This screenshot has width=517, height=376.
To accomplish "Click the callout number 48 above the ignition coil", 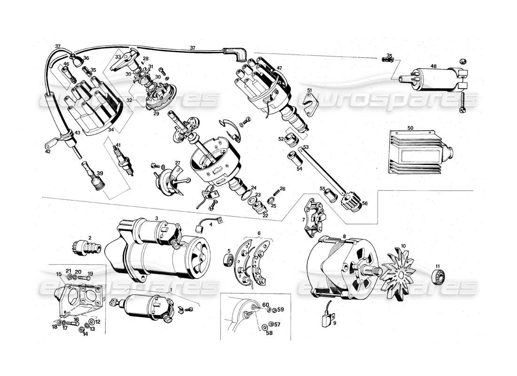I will pos(432,66).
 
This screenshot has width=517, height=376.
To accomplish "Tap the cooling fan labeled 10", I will pos(399,273).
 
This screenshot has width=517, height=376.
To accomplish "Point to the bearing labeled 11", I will pos(438,276).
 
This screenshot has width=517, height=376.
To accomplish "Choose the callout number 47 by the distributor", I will pos(280,68).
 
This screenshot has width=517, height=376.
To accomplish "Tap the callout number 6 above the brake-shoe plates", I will pos(258,233).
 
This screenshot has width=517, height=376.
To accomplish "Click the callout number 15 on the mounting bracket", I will pos(59,274).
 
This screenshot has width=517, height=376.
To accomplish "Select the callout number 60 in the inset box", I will pos(266,305).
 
